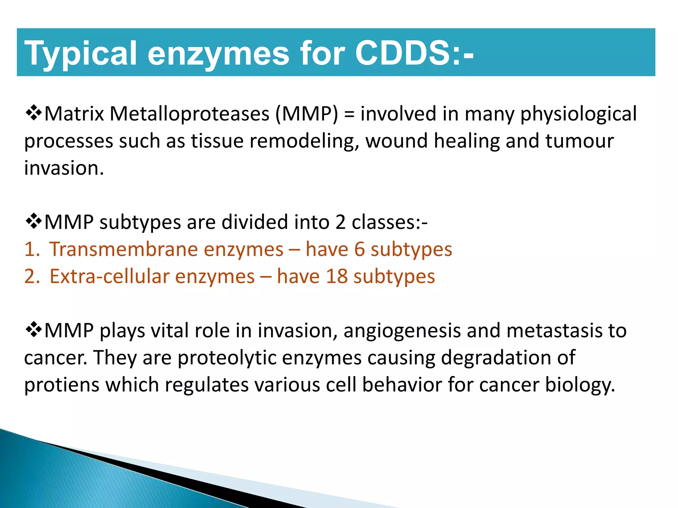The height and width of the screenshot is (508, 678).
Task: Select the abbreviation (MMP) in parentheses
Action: coord(307,114)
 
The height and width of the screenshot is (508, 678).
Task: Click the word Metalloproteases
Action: coord(189,114)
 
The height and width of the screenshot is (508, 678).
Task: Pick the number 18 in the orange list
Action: coord(336,276)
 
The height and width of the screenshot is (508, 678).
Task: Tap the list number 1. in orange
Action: coord(32,249)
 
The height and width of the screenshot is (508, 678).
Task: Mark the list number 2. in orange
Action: coord(32,276)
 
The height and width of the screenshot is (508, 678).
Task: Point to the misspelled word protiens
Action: coord(62,386)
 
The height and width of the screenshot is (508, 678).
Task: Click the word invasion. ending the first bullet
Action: coord(64,168)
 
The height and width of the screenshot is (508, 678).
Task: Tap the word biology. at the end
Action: coord(580,386)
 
